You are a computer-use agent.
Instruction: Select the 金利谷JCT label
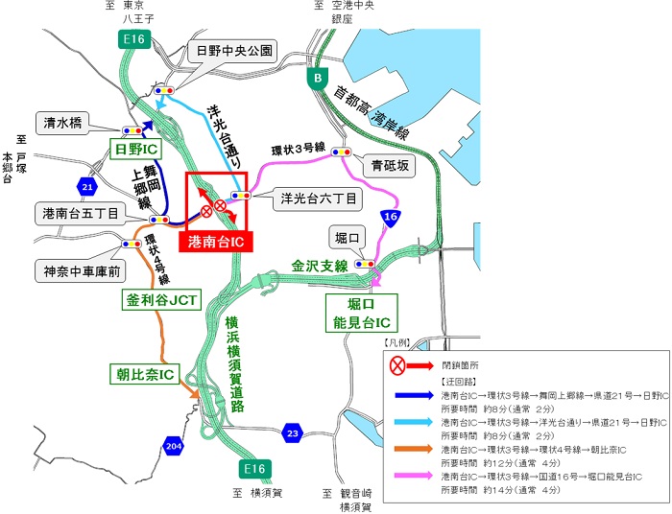(159, 300)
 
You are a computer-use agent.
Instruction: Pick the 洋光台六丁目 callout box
(318, 199)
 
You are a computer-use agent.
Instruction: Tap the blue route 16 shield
(390, 219)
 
